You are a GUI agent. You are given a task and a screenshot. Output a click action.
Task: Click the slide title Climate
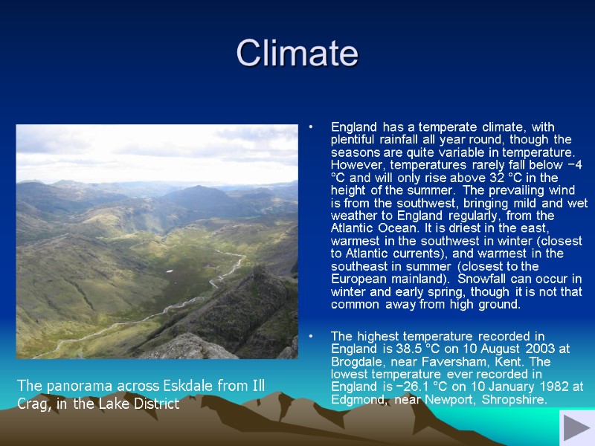click(x=297, y=54)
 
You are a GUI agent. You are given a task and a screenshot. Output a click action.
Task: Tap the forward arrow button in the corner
click(x=576, y=429)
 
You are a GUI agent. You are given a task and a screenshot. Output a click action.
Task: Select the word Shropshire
click(x=514, y=400)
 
